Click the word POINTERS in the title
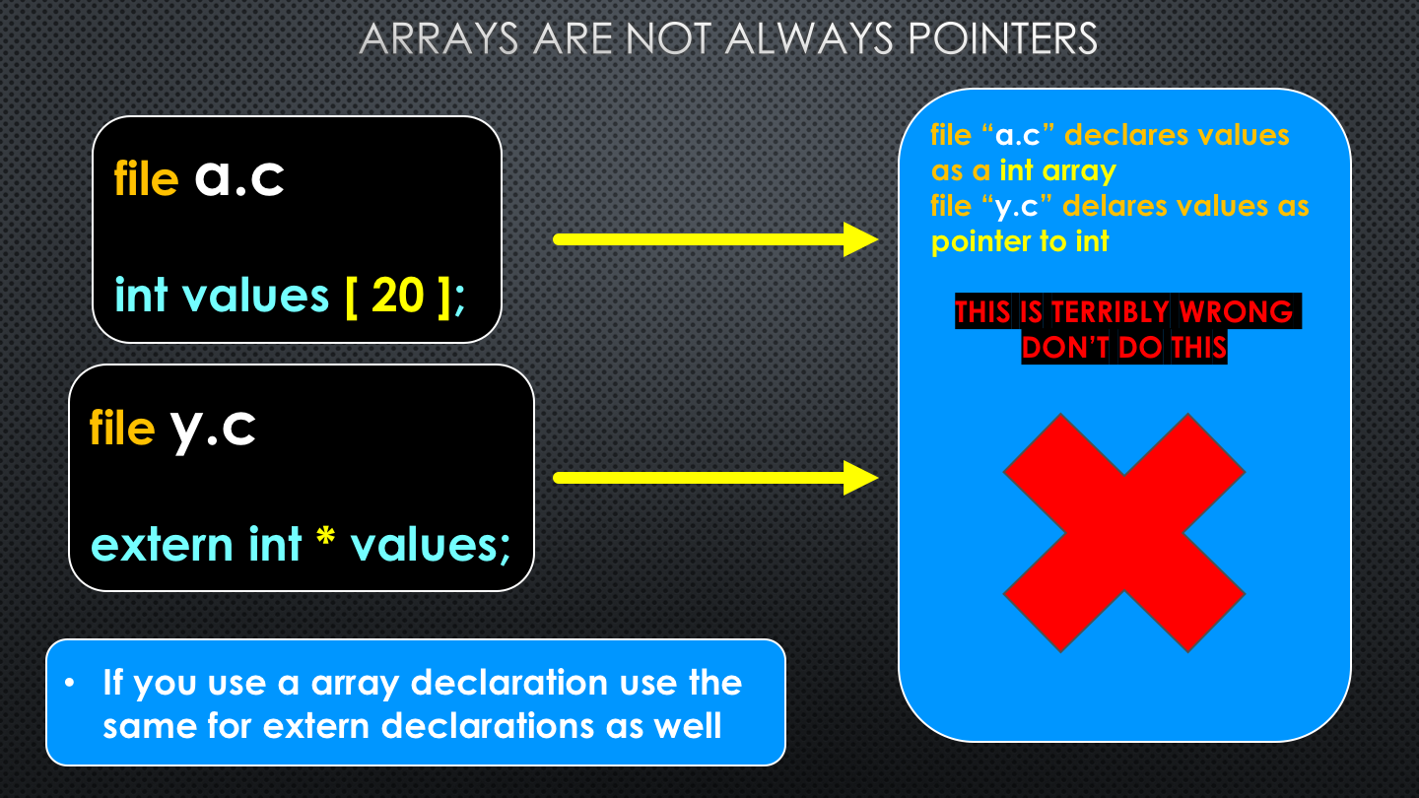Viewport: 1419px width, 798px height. pyautogui.click(x=1003, y=38)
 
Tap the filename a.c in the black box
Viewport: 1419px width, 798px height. pyautogui.click(x=239, y=177)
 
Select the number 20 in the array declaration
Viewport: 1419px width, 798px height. pyautogui.click(x=398, y=296)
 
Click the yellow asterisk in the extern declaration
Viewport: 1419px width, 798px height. pyautogui.click(x=325, y=536)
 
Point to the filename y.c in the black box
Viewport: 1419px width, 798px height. pyautogui.click(x=213, y=430)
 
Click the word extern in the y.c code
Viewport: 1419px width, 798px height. pyautogui.click(x=163, y=545)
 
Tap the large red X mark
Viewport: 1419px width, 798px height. pyautogui.click(x=1124, y=533)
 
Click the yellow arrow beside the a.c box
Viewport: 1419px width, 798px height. pyautogui.click(x=715, y=239)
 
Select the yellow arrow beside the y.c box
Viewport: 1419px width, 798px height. pyautogui.click(x=715, y=478)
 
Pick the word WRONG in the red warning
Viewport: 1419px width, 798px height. pyautogui.click(x=1236, y=311)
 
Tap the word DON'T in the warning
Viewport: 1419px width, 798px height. pyautogui.click(x=1065, y=347)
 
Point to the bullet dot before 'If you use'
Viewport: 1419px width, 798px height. pyautogui.click(x=70, y=683)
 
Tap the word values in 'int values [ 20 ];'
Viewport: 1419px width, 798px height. pyautogui.click(x=255, y=296)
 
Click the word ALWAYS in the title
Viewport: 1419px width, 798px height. pyautogui.click(x=809, y=38)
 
